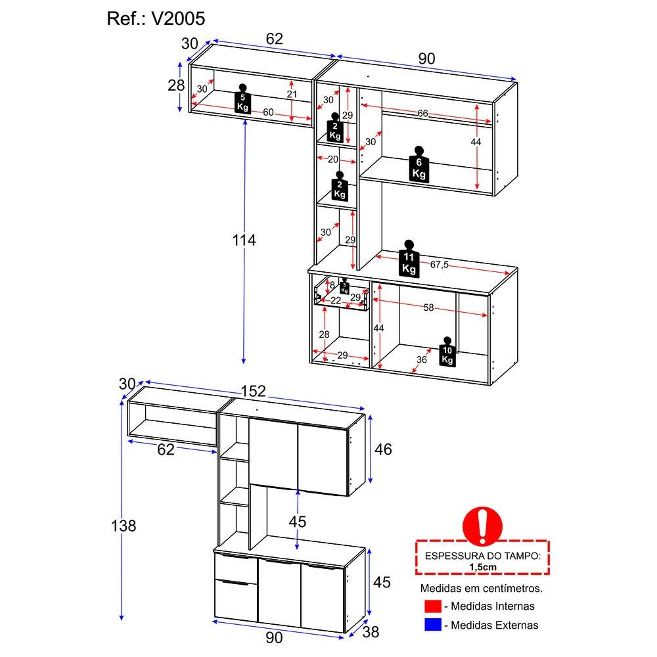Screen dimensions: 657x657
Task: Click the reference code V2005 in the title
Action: click(x=178, y=18)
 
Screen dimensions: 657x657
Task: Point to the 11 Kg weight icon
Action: click(x=409, y=258)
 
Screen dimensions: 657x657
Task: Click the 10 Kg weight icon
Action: click(x=447, y=352)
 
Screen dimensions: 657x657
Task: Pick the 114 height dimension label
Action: click(x=244, y=240)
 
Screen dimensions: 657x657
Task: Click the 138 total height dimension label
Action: click(x=124, y=526)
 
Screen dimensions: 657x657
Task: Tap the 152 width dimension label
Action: click(x=253, y=391)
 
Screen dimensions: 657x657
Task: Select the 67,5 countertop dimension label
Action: click(x=439, y=264)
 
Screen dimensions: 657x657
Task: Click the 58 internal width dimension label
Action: click(x=428, y=307)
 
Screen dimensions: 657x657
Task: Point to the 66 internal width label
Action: click(x=422, y=113)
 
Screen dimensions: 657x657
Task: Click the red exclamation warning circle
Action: click(x=482, y=527)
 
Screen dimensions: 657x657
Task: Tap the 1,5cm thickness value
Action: click(x=483, y=567)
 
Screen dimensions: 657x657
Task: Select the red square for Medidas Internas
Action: click(x=433, y=606)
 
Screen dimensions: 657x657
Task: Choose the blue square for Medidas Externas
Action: click(x=433, y=625)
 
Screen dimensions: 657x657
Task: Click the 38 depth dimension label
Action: click(x=371, y=632)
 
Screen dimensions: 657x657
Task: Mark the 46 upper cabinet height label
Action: click(x=383, y=449)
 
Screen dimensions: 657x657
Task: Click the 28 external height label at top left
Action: click(x=176, y=85)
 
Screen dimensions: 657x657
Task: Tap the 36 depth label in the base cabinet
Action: click(x=422, y=359)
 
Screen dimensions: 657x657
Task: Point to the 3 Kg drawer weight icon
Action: click(x=344, y=286)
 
